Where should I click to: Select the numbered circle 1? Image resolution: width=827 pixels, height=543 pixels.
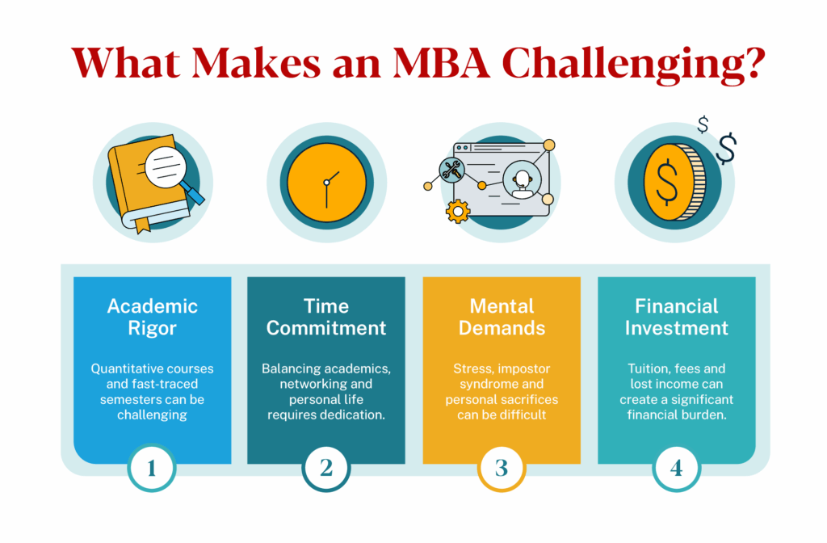[152, 467]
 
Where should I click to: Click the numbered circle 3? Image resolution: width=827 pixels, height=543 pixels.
[501, 467]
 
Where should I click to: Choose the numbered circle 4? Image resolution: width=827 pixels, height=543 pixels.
[676, 467]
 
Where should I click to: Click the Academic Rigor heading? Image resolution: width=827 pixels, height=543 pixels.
[152, 317]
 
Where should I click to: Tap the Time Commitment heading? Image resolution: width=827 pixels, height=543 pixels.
[326, 317]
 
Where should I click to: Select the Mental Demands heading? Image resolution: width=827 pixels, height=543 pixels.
[502, 317]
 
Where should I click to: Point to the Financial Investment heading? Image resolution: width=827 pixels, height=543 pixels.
[677, 317]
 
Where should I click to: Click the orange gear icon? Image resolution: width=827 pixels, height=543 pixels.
[458, 212]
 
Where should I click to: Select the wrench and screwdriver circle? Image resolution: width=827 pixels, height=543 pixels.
[450, 169]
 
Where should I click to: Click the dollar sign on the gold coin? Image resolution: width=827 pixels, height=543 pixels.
[667, 183]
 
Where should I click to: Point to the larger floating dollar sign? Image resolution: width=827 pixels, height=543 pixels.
[727, 148]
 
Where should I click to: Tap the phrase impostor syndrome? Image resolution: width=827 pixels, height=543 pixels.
[502, 377]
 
